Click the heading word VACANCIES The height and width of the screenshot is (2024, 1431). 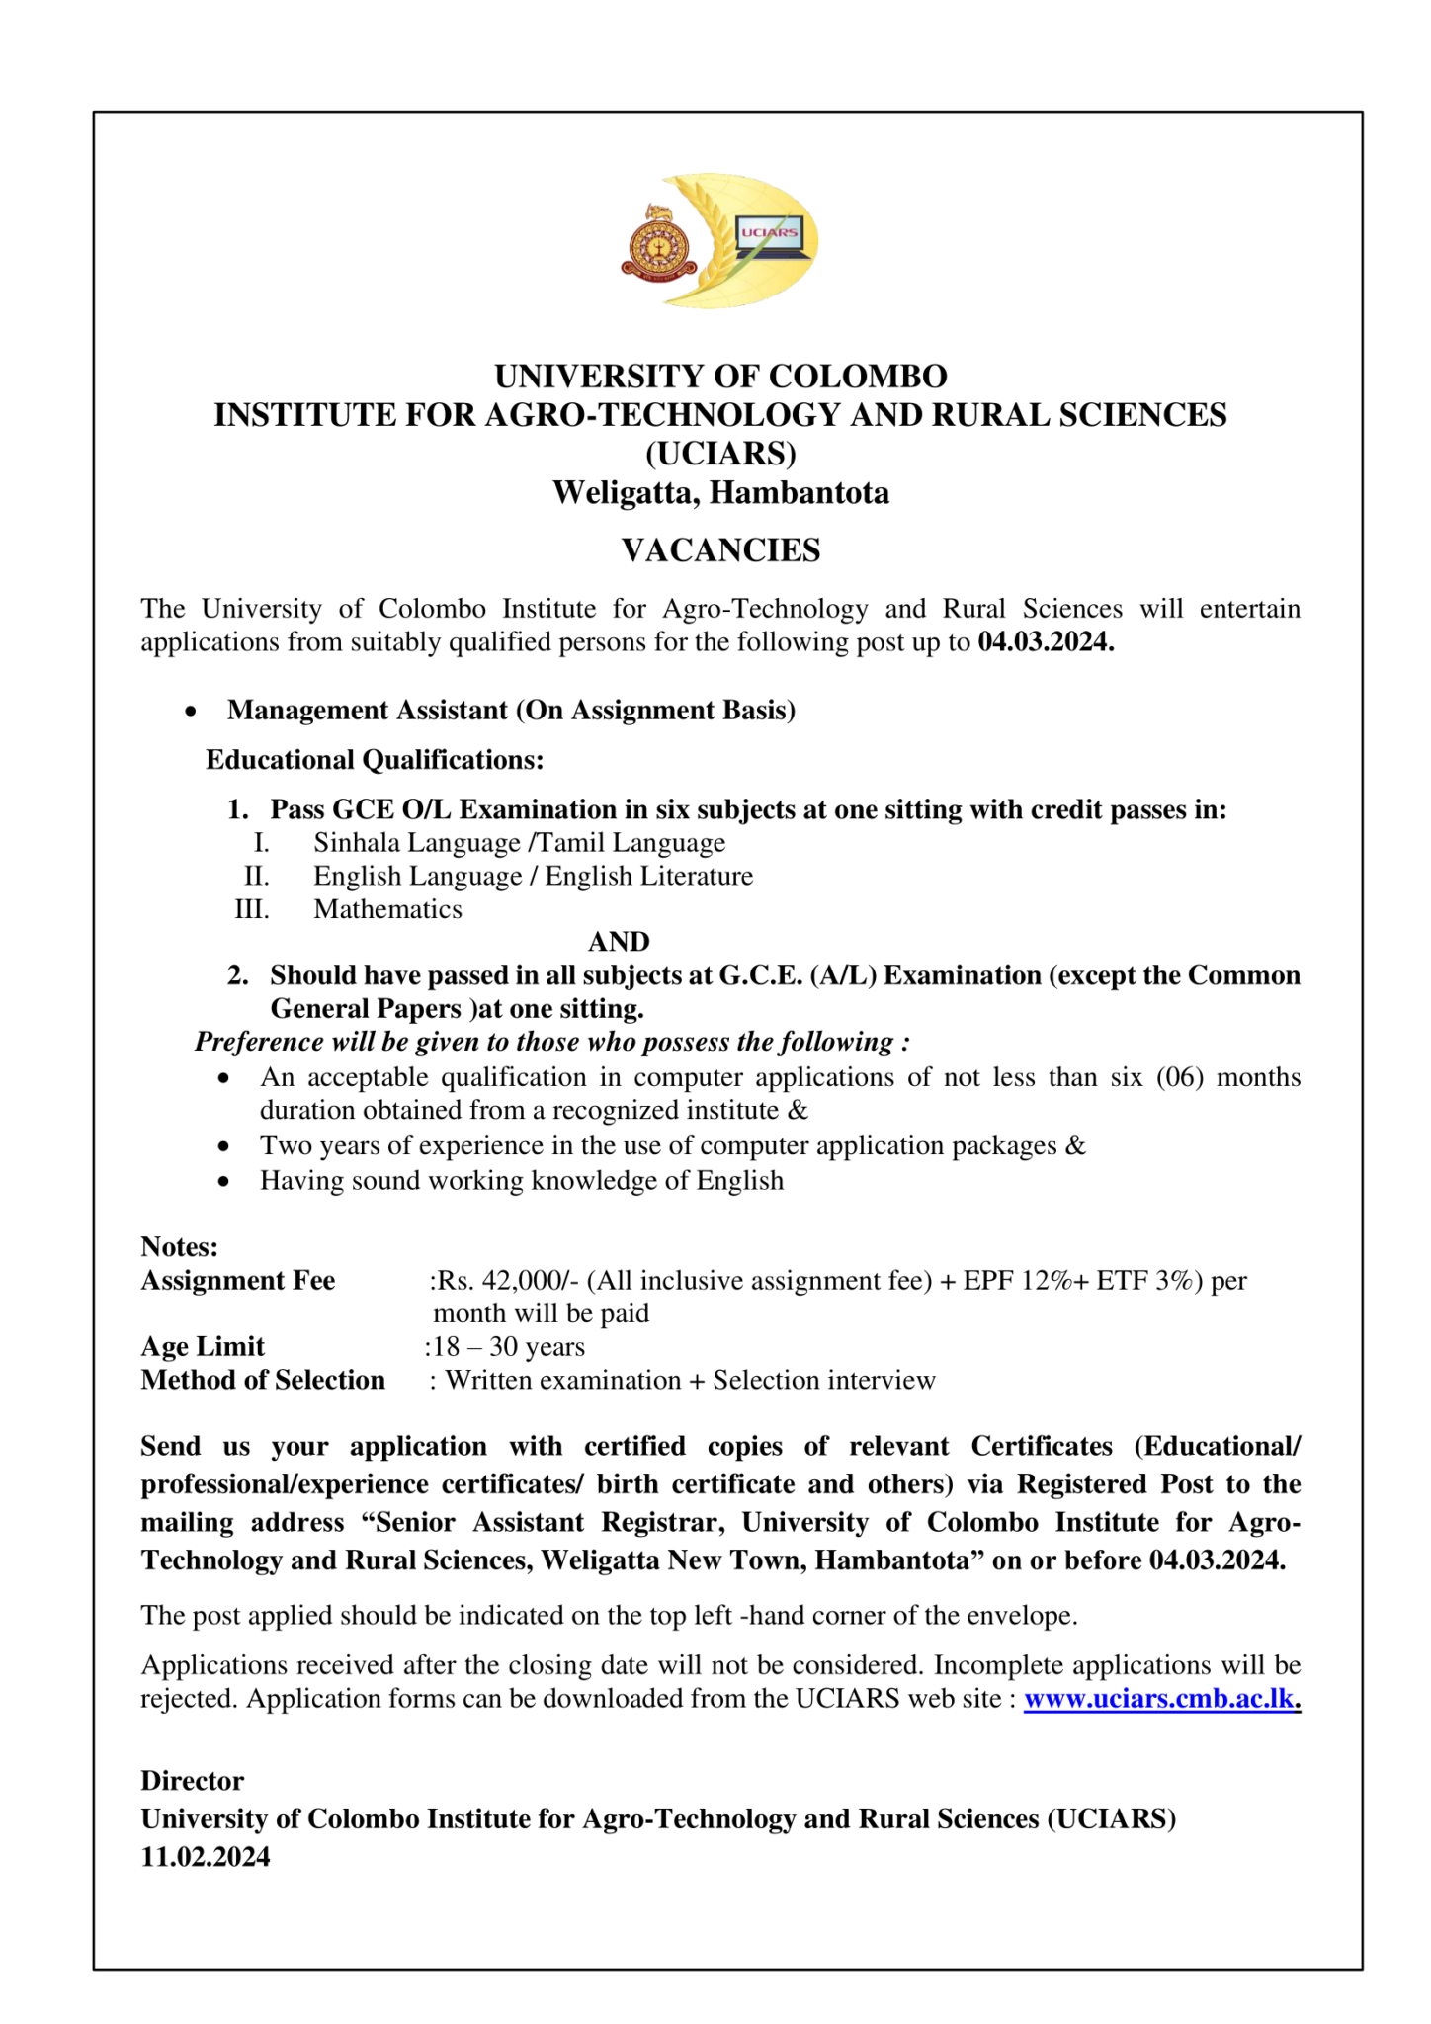[720, 550]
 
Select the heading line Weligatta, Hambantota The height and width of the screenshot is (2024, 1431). [720, 492]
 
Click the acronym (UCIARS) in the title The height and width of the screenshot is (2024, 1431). [720, 454]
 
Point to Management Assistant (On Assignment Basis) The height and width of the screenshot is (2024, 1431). [511, 711]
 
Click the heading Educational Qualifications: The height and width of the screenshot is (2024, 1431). [375, 760]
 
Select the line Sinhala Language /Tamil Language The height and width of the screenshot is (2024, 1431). [519, 843]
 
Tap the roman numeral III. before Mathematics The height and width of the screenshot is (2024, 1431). [252, 909]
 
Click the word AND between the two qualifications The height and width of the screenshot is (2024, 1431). [619, 942]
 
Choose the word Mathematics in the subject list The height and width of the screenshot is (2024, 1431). [387, 909]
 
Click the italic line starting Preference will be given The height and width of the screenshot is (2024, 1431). [551, 1042]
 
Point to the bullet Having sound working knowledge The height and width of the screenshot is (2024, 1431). [521, 1181]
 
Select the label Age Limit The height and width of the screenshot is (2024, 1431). [203, 1347]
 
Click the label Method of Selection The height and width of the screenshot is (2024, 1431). [263, 1381]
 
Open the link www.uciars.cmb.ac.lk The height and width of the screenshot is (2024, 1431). [1159, 1699]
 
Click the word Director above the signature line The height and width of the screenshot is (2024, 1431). [192, 1781]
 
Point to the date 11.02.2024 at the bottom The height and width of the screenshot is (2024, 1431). [205, 1857]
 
